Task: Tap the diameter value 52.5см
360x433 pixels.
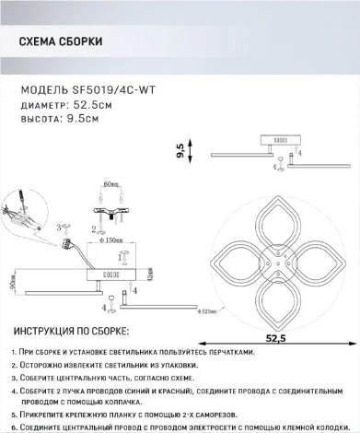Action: click(92, 104)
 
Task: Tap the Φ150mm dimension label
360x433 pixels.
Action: click(112, 238)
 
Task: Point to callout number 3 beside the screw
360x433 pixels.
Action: click(59, 227)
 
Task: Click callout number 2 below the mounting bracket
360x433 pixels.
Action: click(94, 228)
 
